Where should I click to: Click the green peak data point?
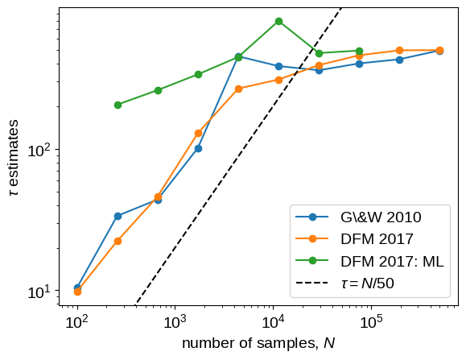coord(278,22)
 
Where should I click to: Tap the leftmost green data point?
coord(118,105)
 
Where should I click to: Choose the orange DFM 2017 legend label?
coord(377,239)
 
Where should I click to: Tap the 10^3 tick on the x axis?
coord(175,321)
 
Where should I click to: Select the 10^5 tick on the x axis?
coord(371,321)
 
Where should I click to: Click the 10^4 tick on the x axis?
coord(273,321)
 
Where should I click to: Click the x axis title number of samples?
coord(258,343)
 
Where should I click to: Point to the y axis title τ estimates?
coord(14,158)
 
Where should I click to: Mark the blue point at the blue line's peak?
coord(238,56)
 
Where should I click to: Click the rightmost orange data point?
coord(440,50)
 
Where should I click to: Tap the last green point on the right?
coord(359,51)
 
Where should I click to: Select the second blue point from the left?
coord(118,216)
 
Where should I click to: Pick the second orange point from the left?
coord(118,241)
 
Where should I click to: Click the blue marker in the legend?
coord(312,217)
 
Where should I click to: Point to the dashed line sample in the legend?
coord(312,283)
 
